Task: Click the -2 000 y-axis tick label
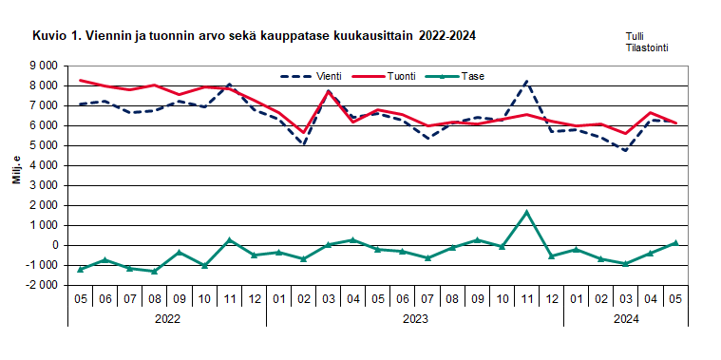41,285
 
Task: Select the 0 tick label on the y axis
54,245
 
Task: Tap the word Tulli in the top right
636,36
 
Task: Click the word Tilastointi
647,47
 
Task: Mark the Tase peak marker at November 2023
526,212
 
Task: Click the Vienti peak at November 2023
526,82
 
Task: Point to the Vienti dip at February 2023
303,144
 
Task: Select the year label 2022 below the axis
167,319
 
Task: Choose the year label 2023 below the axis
414,319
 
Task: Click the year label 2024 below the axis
625,319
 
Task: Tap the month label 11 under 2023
526,298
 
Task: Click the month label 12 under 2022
254,298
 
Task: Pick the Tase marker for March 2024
625,264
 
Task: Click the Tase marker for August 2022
155,272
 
